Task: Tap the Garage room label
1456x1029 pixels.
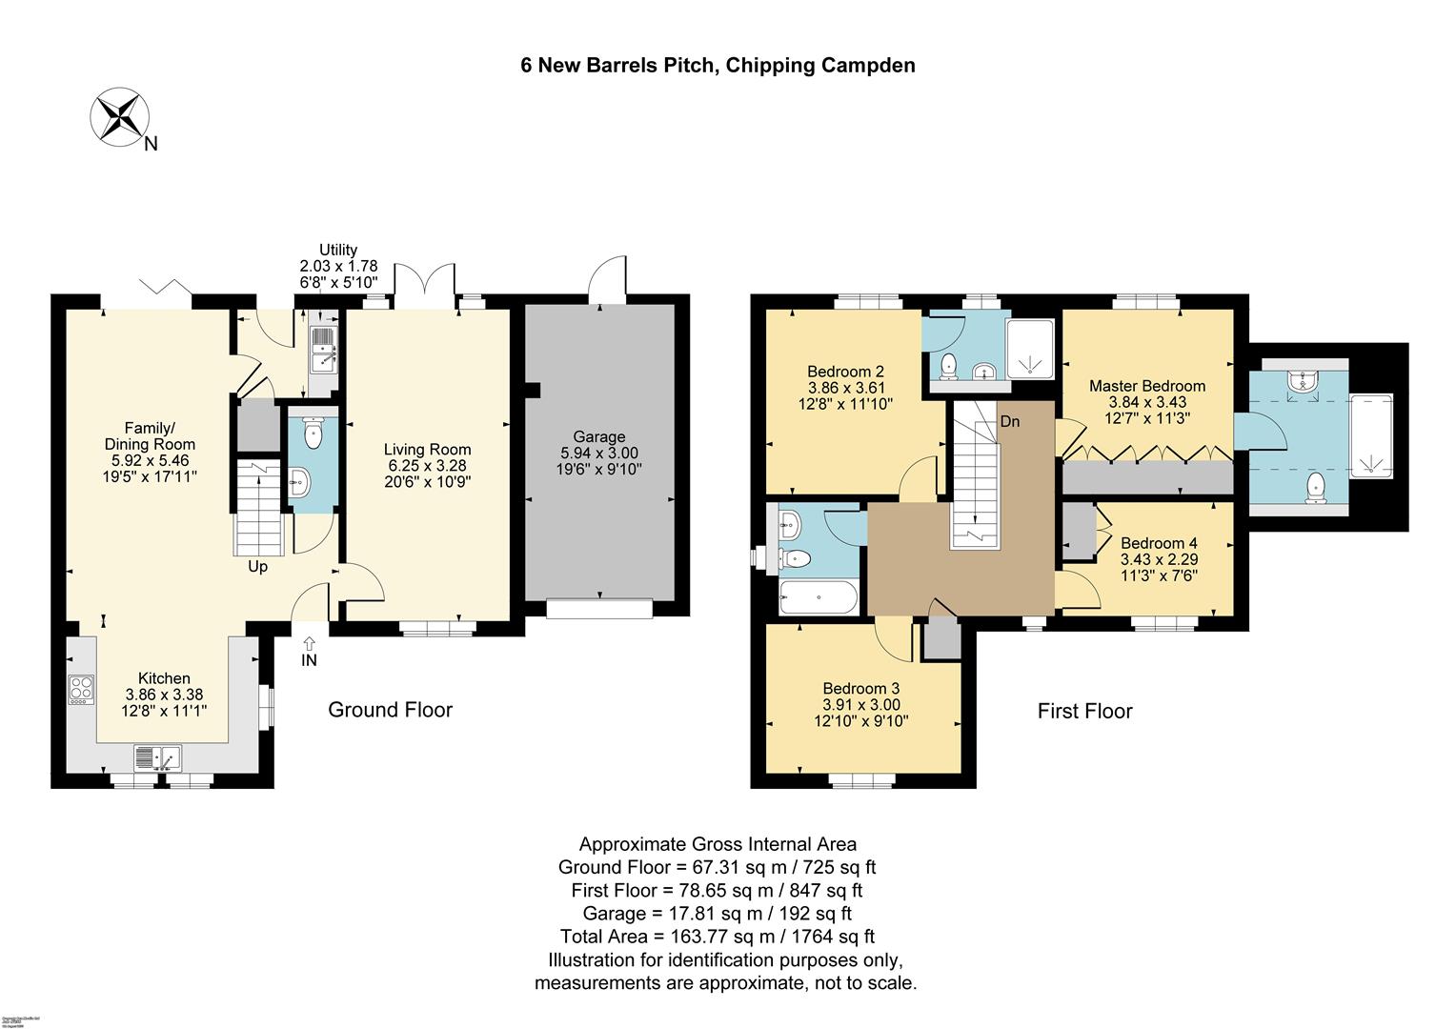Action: click(x=599, y=437)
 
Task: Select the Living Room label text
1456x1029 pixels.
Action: click(x=427, y=449)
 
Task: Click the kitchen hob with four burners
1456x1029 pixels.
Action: click(x=81, y=689)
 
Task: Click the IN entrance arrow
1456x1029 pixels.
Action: click(x=309, y=651)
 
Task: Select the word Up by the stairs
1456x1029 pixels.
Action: click(x=258, y=567)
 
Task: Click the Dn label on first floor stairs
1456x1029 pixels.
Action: click(x=1010, y=420)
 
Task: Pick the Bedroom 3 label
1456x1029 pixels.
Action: click(x=861, y=688)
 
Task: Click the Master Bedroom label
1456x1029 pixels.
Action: click(x=1147, y=386)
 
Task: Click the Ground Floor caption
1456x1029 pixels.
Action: click(x=390, y=710)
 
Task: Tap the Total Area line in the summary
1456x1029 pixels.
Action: click(x=717, y=937)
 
